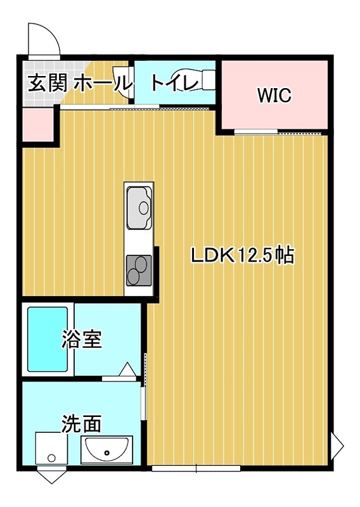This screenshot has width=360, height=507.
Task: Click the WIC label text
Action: click(x=274, y=96)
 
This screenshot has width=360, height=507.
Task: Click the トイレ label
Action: click(x=171, y=82)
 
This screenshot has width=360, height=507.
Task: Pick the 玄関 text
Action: click(x=46, y=83)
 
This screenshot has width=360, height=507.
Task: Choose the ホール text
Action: click(x=103, y=83)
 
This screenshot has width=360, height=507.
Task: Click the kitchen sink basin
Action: click(x=139, y=207)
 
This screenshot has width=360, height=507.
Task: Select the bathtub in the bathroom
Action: click(x=48, y=340)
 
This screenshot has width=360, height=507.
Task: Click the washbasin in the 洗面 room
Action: click(x=106, y=451)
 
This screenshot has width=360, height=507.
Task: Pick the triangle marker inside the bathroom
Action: click(x=127, y=369)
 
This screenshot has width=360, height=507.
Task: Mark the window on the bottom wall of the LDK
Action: click(x=196, y=469)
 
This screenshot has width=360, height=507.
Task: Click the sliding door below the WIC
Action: click(x=257, y=132)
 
